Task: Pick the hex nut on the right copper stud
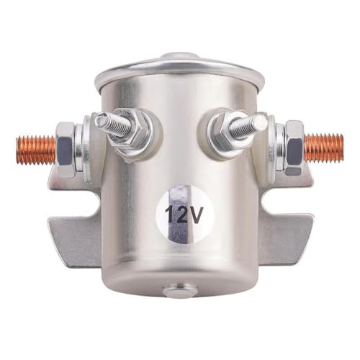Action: [x=294, y=148]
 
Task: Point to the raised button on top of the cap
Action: [x=180, y=55]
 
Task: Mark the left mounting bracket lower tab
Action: [x=72, y=238]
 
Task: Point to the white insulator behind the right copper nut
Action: [x=268, y=148]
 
